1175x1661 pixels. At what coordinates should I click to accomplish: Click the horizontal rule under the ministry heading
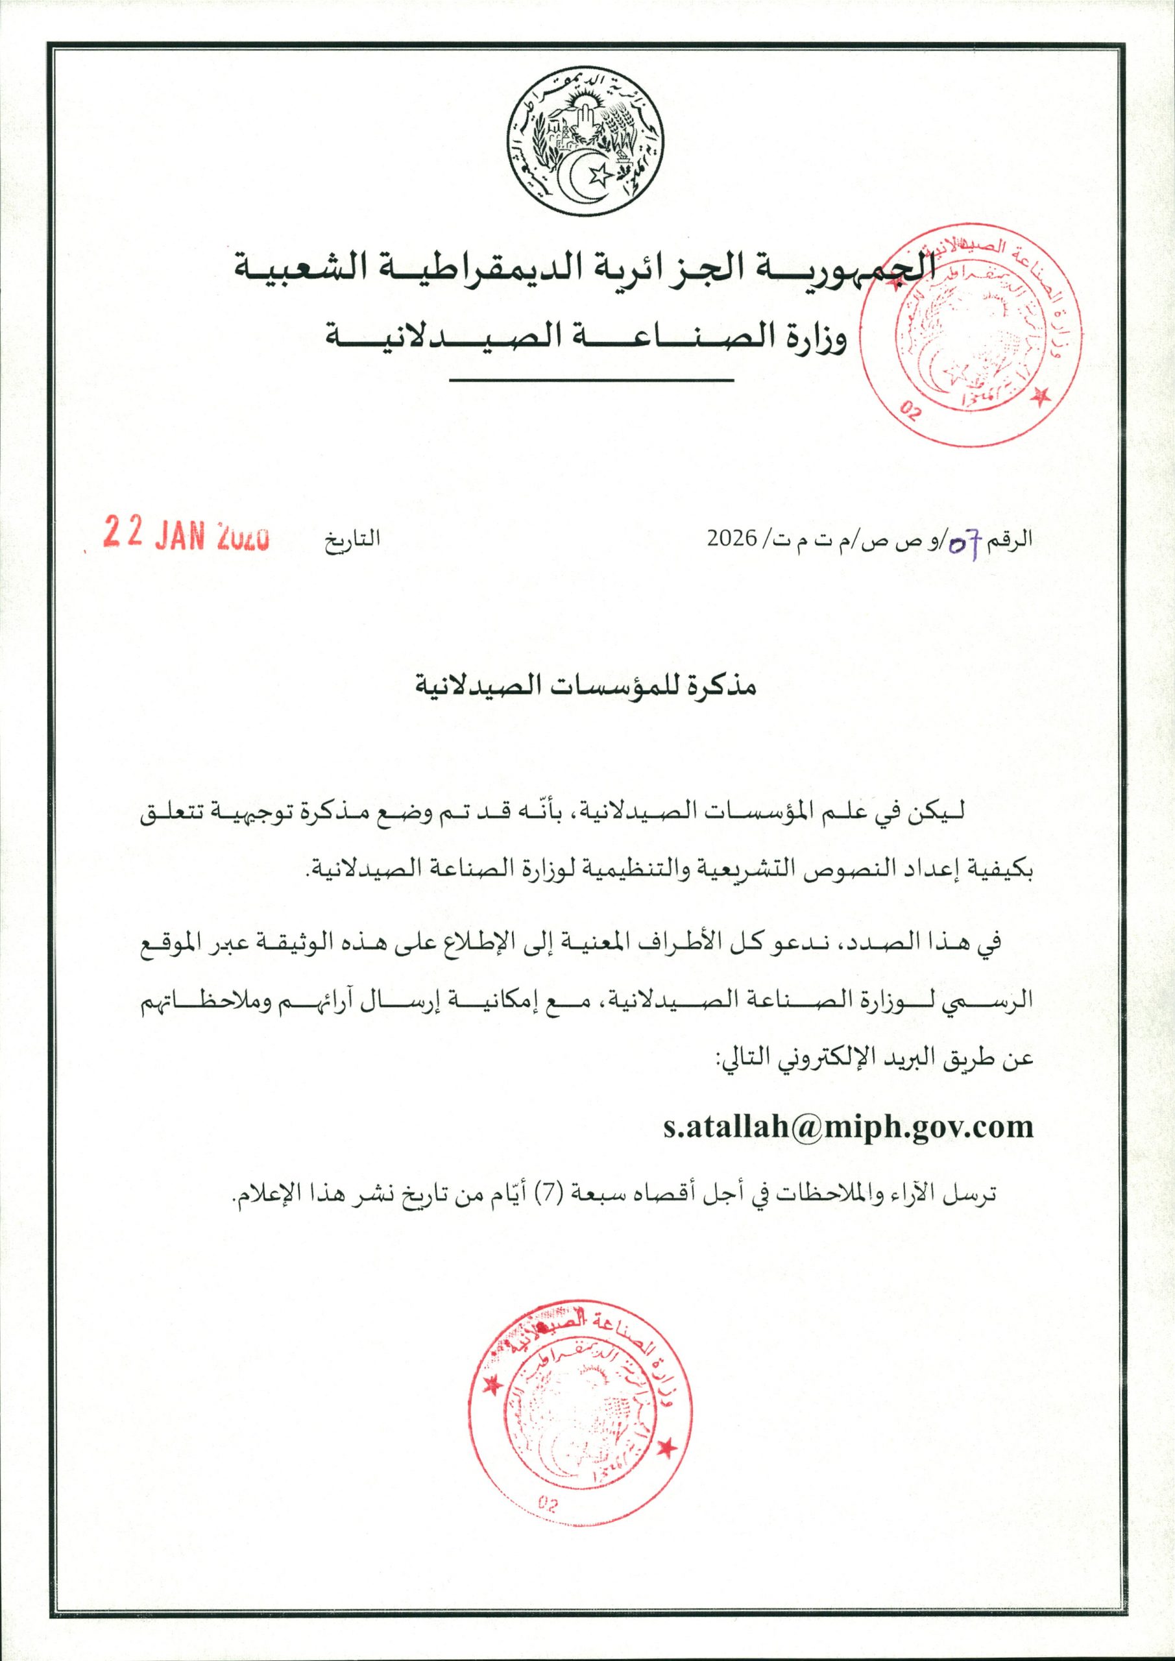point(592,382)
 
